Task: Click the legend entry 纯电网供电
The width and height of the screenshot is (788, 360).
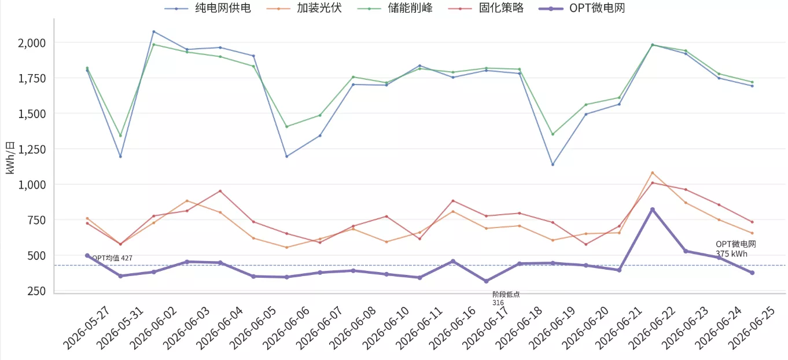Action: [208, 8]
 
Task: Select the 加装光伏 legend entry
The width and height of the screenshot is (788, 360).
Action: [304, 8]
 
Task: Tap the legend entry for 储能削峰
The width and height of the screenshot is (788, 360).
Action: [395, 8]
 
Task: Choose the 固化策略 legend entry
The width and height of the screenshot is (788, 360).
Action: [486, 8]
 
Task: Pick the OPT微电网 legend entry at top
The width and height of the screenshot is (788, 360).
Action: [581, 8]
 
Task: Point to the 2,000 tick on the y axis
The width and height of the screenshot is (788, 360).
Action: [32, 43]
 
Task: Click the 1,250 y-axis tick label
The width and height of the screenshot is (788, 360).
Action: [32, 149]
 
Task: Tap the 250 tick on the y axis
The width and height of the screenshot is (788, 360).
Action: [36, 291]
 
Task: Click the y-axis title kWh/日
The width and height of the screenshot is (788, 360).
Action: [10, 157]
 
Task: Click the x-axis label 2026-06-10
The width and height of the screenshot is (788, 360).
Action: [386, 328]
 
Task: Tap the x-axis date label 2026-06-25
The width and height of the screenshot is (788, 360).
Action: [752, 328]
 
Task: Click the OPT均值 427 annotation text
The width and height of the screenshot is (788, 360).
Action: [112, 258]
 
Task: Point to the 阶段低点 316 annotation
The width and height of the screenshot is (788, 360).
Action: [506, 299]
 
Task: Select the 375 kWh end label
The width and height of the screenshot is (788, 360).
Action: [731, 254]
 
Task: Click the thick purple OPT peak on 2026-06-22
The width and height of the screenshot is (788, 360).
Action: [653, 210]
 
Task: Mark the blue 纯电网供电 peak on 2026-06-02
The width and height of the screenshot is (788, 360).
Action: [154, 32]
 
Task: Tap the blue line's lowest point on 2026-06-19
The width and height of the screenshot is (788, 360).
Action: [553, 164]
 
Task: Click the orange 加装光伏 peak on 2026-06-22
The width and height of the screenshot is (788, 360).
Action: [653, 173]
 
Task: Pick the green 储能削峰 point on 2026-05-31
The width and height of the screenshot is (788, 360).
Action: [120, 135]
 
